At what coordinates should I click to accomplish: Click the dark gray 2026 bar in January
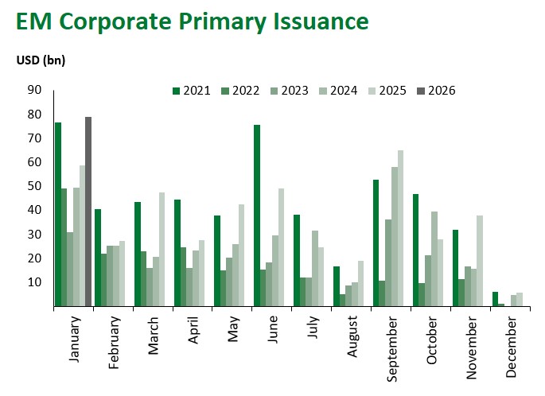(x=88, y=212)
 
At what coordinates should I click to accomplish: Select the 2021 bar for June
(x=257, y=215)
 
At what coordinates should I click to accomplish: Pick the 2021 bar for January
(x=58, y=215)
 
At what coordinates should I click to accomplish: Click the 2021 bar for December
(x=494, y=299)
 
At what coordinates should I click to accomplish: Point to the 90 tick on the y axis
(x=35, y=90)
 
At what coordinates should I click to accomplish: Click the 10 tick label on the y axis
(x=35, y=282)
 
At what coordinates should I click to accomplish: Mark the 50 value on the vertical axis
(x=35, y=186)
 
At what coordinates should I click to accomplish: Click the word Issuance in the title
(x=312, y=21)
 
